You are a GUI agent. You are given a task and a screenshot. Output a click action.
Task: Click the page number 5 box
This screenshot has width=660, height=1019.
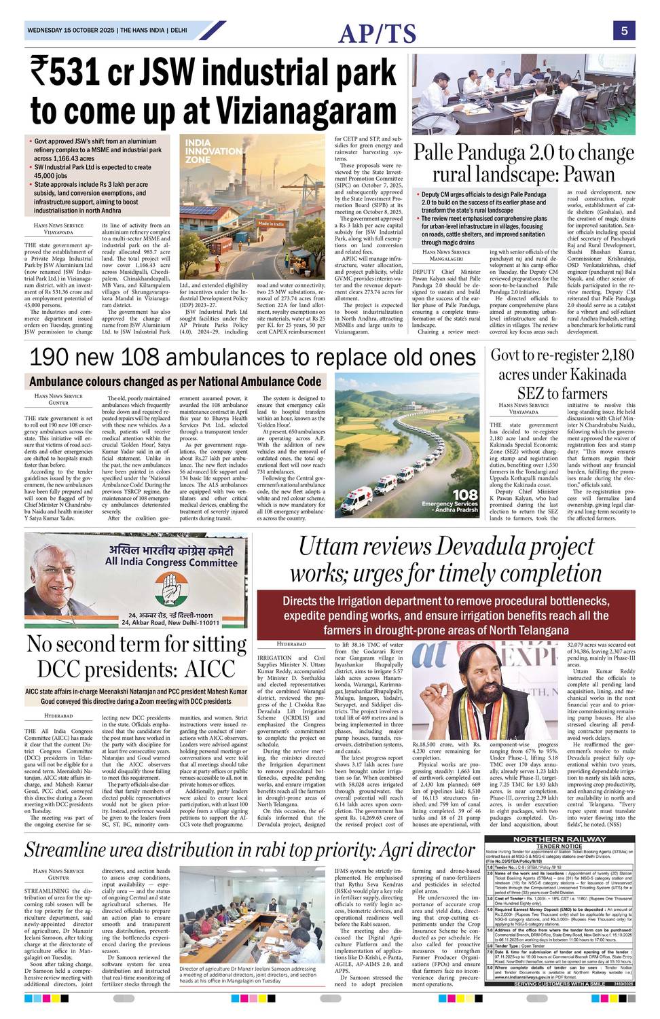pos(623,31)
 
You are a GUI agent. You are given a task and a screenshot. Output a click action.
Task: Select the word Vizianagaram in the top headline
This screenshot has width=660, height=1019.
pos(299,109)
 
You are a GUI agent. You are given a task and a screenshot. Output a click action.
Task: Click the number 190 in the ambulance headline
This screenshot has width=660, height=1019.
pos(56,357)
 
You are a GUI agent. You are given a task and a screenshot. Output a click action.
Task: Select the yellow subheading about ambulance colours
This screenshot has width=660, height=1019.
pos(175,382)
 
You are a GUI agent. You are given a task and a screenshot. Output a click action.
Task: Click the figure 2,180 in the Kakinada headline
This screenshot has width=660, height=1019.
pos(606,355)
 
